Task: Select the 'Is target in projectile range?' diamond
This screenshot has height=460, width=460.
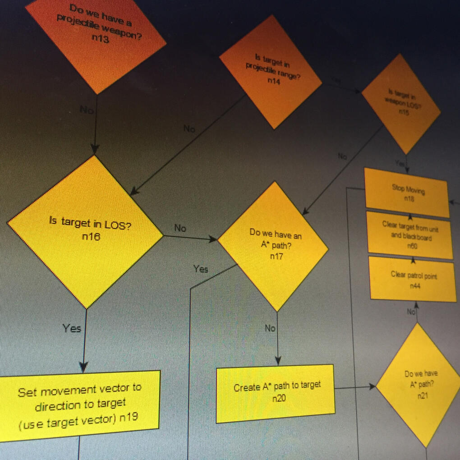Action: click(271, 72)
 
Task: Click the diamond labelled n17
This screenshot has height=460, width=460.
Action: click(273, 246)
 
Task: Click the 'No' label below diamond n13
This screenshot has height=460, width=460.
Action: click(86, 110)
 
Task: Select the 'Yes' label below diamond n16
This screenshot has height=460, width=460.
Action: click(72, 328)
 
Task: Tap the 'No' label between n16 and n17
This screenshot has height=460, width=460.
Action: click(180, 228)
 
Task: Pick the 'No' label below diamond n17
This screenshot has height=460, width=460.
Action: click(270, 328)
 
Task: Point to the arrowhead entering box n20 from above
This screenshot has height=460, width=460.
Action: click(277, 361)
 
